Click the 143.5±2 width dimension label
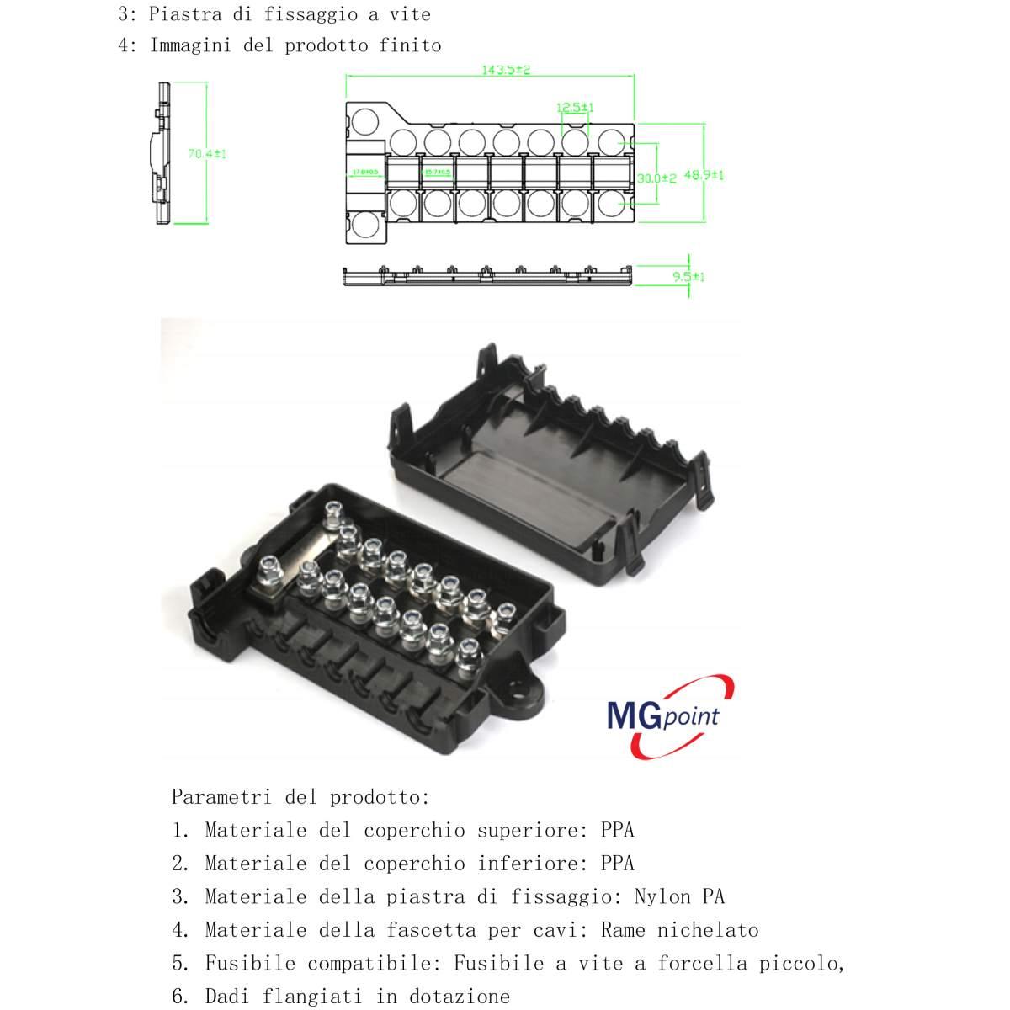(x=506, y=70)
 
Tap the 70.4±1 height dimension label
(x=207, y=154)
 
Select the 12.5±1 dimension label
(x=575, y=107)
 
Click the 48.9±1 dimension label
(x=704, y=175)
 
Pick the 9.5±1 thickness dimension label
(x=688, y=276)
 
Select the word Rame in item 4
(x=623, y=930)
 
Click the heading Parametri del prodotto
(x=300, y=796)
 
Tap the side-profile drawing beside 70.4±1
(x=162, y=154)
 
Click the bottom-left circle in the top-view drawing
(x=364, y=226)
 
